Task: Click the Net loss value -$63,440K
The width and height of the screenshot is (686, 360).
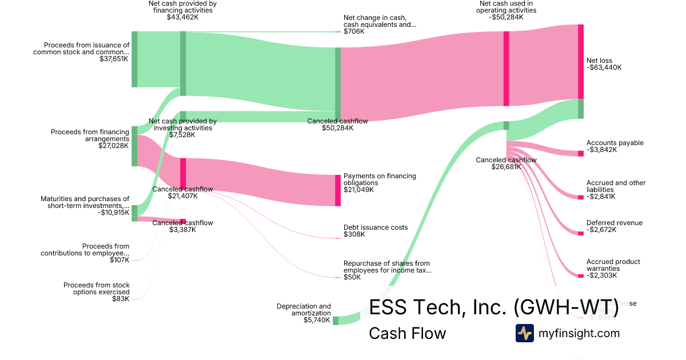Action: [x=604, y=67]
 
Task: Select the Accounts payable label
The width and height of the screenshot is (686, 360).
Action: [x=615, y=143]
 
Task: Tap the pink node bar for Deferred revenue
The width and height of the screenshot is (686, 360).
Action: [x=581, y=233]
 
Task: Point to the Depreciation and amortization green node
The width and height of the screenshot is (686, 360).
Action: [x=336, y=320]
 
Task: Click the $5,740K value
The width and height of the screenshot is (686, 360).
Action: [x=317, y=320]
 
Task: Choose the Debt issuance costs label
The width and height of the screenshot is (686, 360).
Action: [x=376, y=227]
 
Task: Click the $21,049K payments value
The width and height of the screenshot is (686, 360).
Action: [x=358, y=190]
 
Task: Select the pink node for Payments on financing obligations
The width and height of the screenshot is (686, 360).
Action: [x=338, y=190]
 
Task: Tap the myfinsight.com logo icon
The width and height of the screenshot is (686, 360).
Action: [x=524, y=333]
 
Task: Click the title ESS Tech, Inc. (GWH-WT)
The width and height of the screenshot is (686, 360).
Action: [x=494, y=307]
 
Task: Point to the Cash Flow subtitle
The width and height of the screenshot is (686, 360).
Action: [x=407, y=333]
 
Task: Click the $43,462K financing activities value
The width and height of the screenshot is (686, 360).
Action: [x=182, y=17]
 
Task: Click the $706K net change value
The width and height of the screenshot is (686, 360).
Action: [x=354, y=31]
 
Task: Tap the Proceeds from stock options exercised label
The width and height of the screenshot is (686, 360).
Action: [x=97, y=288]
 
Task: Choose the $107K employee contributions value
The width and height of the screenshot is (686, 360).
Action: [x=119, y=260]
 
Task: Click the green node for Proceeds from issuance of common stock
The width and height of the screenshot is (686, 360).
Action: [x=134, y=59]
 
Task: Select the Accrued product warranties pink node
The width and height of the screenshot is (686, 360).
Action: [x=581, y=276]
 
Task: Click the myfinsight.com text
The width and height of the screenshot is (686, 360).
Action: [x=579, y=333]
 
